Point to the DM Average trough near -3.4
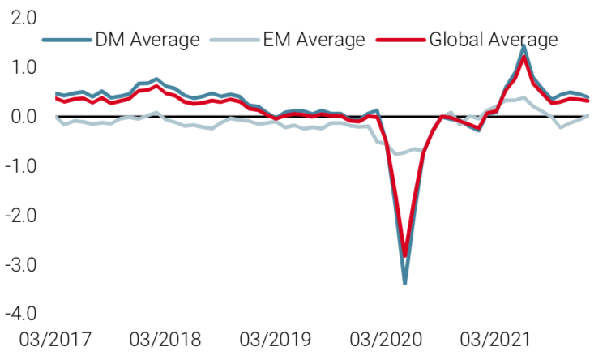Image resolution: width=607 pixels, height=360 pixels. (x=404, y=283)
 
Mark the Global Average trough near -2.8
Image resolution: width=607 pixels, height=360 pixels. (x=404, y=255)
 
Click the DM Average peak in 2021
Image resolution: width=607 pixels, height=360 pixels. (x=524, y=47)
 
